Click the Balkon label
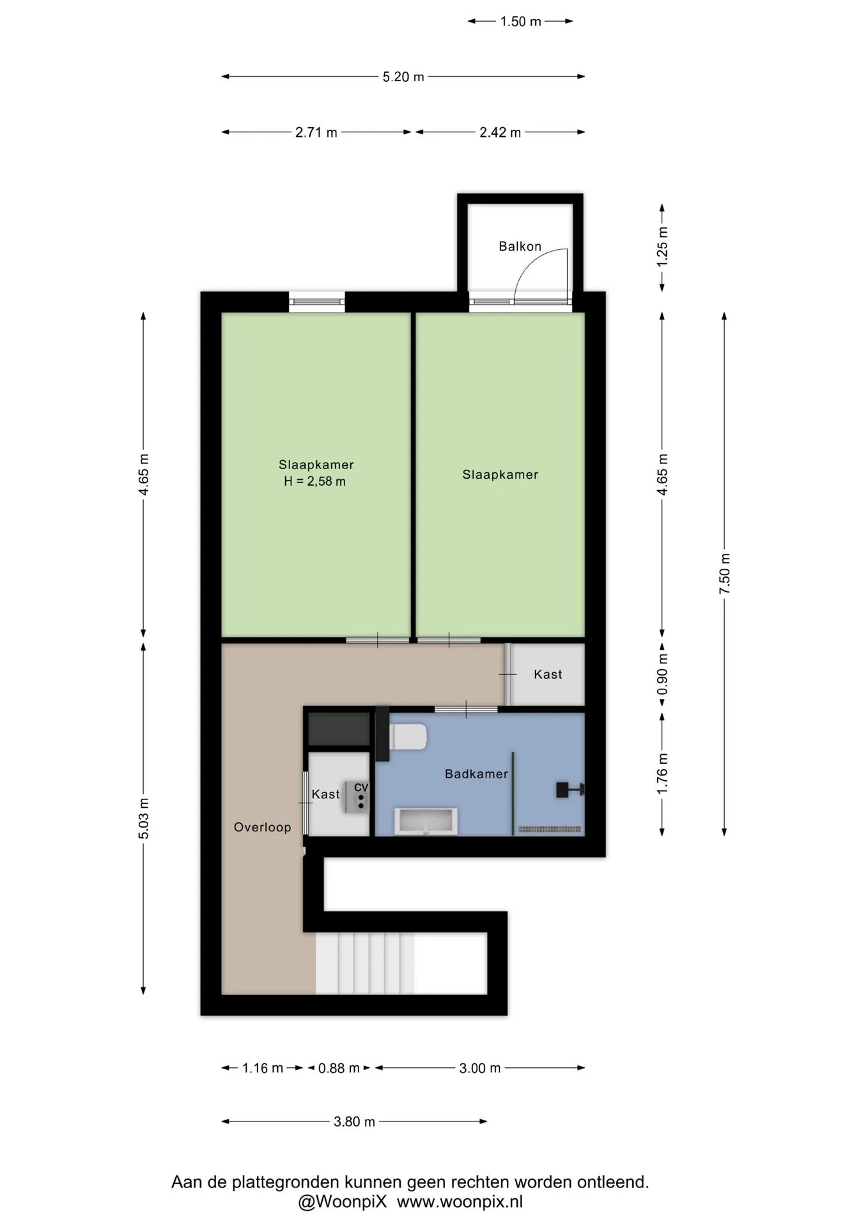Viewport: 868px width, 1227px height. pyautogui.click(x=520, y=246)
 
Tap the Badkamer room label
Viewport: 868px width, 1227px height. pyautogui.click(x=476, y=774)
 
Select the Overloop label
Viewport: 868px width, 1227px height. pyautogui.click(x=262, y=827)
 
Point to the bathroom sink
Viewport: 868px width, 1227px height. pyautogui.click(x=426, y=821)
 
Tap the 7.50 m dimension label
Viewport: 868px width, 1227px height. pyautogui.click(x=724, y=573)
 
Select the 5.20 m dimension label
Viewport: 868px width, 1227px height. pyautogui.click(x=403, y=77)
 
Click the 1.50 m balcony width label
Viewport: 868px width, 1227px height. pyautogui.click(x=520, y=22)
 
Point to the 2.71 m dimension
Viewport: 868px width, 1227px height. pyautogui.click(x=316, y=132)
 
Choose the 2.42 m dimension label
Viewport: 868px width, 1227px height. pyautogui.click(x=500, y=132)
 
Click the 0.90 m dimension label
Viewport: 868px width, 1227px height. pyautogui.click(x=662, y=674)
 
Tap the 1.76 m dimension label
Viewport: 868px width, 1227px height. pyautogui.click(x=662, y=774)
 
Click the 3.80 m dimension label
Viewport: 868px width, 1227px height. pyautogui.click(x=354, y=1122)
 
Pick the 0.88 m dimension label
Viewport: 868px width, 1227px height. pyautogui.click(x=339, y=1068)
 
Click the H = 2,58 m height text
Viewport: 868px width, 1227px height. pyautogui.click(x=314, y=481)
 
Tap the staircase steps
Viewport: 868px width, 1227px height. pyautogui.click(x=365, y=963)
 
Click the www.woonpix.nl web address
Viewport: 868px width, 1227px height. pyautogui.click(x=460, y=1202)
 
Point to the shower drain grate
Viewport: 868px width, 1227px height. pyautogui.click(x=550, y=830)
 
